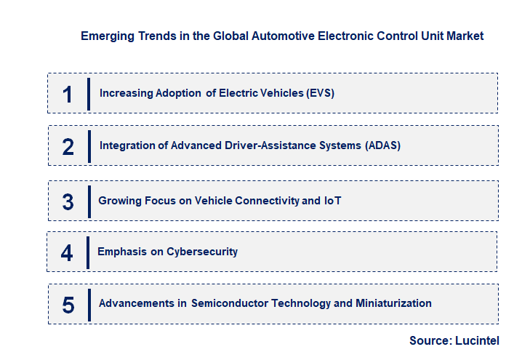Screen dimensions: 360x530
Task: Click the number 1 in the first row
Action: [x=68, y=94]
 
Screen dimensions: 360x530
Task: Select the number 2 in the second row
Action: [x=68, y=146]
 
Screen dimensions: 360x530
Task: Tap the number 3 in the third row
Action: [x=68, y=201]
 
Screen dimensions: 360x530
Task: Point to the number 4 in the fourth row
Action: [x=68, y=252]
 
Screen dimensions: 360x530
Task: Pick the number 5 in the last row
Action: [x=68, y=304]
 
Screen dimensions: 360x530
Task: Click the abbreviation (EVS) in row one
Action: [x=318, y=93]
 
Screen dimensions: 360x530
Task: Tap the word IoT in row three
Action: [x=332, y=200]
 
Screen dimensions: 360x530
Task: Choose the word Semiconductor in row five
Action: [x=229, y=303]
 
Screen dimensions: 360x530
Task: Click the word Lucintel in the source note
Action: [x=477, y=340]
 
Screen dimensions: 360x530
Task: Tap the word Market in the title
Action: [x=465, y=35]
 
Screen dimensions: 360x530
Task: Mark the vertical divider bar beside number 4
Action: [x=88, y=252]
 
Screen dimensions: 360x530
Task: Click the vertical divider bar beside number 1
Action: [x=89, y=94]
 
